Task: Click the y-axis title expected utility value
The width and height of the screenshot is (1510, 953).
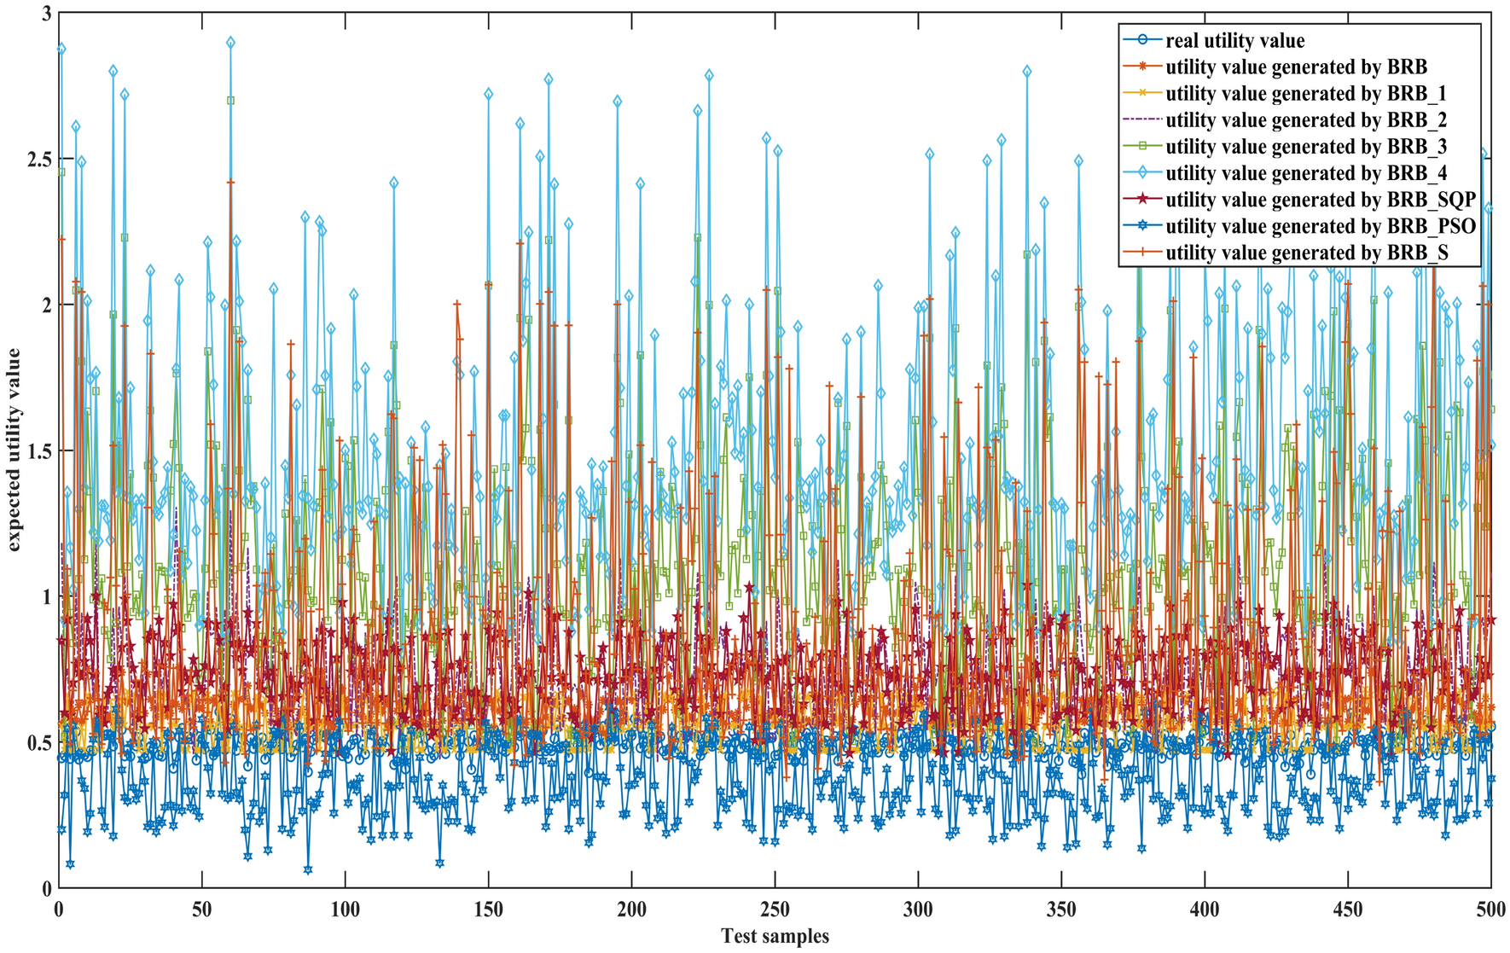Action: pos(15,450)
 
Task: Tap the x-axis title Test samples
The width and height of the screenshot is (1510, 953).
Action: pos(775,936)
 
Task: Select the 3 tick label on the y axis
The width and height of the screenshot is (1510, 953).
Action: pos(45,14)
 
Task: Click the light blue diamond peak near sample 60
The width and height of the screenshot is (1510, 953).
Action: pos(230,42)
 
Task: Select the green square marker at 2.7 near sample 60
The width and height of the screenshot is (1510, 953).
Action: pos(230,100)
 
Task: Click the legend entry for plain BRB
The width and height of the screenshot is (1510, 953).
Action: pos(1296,67)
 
